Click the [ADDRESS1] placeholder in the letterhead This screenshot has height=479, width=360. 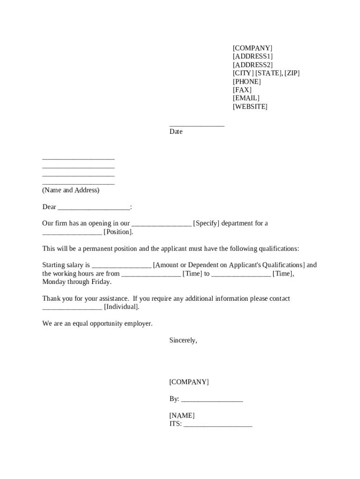click(253, 56)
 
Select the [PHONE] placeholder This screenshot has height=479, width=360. click(247, 81)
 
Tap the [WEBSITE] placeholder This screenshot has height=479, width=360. click(250, 107)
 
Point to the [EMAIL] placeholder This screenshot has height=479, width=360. click(246, 98)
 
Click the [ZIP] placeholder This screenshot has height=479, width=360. click(292, 73)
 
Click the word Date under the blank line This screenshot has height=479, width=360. click(176, 132)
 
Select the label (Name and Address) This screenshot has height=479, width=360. click(71, 190)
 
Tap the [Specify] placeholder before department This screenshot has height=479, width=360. click(206, 224)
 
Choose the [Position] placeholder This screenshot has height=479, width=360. click(118, 232)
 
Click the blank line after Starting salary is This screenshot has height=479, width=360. click(122, 266)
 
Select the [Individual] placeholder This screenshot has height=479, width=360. click(122, 307)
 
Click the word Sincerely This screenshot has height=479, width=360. click(183, 341)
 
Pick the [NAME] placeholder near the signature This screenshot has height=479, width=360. click(182, 416)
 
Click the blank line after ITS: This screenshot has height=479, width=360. click(218, 425)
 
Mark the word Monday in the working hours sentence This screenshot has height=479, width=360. click(55, 282)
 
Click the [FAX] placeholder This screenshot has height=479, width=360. click(242, 90)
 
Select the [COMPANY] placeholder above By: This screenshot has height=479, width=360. click(189, 382)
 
